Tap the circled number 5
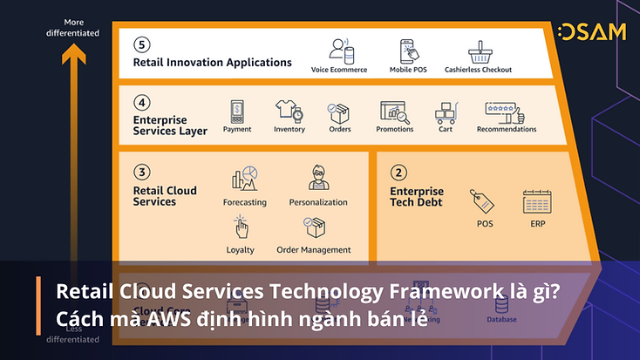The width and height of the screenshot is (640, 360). point(142,44)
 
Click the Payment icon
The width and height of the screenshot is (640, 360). point(236,112)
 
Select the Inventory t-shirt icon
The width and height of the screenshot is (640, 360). point(289,112)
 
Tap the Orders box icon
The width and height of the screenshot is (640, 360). point(338,112)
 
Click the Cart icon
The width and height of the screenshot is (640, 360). point(446,112)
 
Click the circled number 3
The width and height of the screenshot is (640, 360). point(142,173)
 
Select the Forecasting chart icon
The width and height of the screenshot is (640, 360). point(244,178)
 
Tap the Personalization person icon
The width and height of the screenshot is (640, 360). point(317,177)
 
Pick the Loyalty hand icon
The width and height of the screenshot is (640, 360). point(242,228)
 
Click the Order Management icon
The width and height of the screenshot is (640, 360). point(314,228)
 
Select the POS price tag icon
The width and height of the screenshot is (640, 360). point(483,200)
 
